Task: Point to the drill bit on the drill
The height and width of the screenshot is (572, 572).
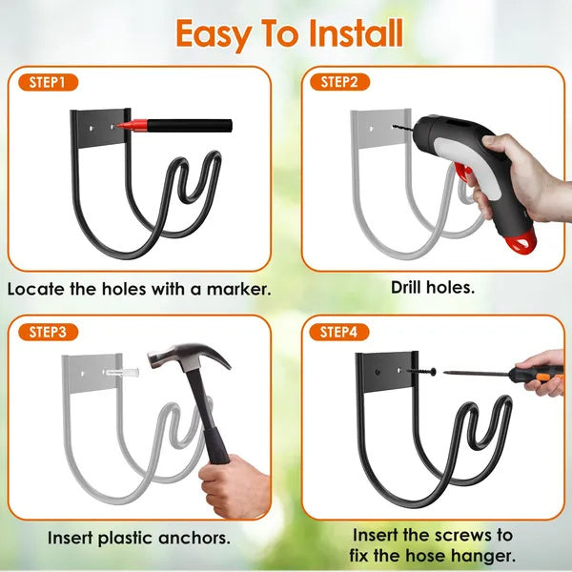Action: pos(401,124)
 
